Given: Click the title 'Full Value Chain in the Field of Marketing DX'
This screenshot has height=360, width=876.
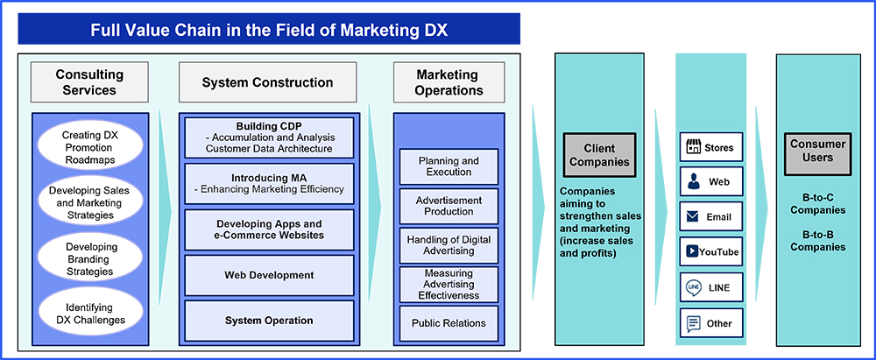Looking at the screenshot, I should pyautogui.click(x=270, y=31).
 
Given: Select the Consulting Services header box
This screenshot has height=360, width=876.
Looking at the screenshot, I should pyautogui.click(x=89, y=82).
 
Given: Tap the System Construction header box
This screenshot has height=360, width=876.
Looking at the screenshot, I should pyautogui.click(x=267, y=82).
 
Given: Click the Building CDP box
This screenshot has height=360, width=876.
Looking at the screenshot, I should pyautogui.click(x=268, y=138).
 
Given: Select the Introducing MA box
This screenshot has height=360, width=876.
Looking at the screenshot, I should pyautogui.click(x=268, y=183).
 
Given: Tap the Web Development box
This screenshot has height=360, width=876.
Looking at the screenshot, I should pyautogui.click(x=268, y=275).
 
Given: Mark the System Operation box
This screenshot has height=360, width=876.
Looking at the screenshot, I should pyautogui.click(x=268, y=321).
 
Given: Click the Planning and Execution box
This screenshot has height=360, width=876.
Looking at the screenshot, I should pyautogui.click(x=449, y=166).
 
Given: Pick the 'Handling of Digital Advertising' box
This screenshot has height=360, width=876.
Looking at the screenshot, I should pyautogui.click(x=449, y=245).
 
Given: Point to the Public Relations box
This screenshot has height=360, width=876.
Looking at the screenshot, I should pyautogui.click(x=449, y=322).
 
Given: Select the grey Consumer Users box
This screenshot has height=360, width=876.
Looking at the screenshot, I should pyautogui.click(x=818, y=151).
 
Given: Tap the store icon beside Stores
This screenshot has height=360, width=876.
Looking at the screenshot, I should pyautogui.click(x=693, y=148).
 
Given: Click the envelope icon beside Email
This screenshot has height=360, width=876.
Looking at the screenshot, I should pyautogui.click(x=693, y=216).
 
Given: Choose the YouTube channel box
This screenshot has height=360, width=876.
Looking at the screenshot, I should pyautogui.click(x=711, y=252).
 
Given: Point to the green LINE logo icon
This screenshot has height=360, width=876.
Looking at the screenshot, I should pyautogui.click(x=693, y=287).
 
